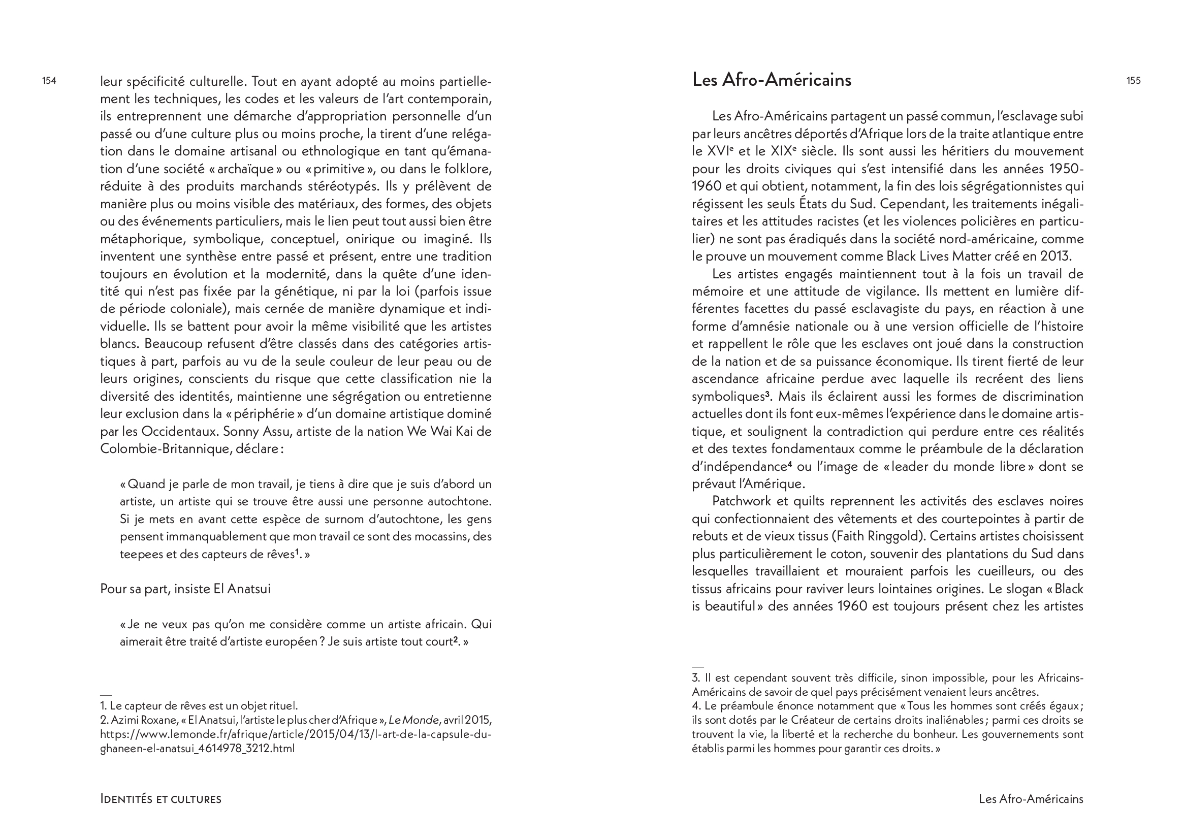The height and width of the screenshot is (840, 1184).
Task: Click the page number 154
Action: (49, 81)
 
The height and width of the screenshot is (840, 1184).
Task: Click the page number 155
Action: (1133, 81)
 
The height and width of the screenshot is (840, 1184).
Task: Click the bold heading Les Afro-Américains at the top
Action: (771, 80)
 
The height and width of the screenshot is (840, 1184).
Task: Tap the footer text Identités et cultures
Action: (161, 799)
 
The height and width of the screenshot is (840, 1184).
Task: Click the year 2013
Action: (1055, 256)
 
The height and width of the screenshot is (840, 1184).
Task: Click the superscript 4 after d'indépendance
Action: (789, 465)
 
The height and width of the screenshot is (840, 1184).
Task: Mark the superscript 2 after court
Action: (456, 640)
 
